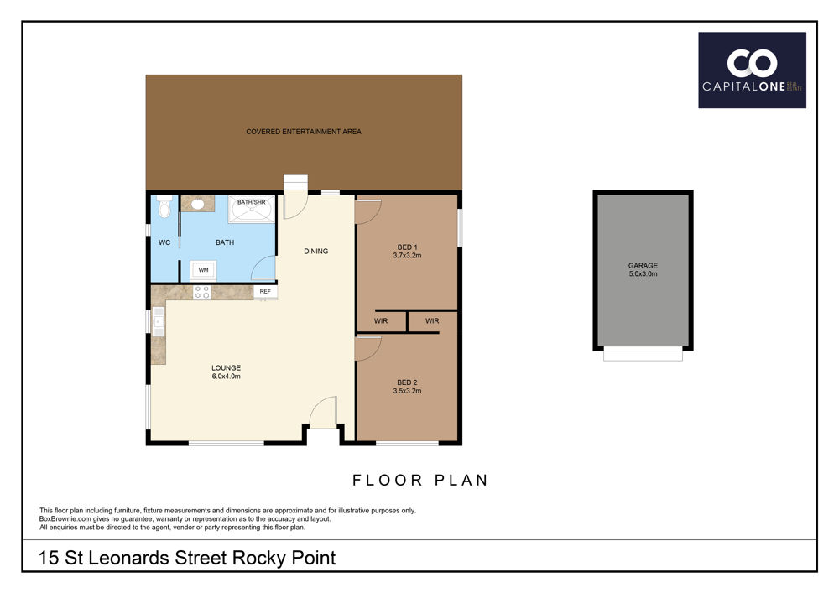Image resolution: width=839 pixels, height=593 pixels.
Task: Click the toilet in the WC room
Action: pyautogui.click(x=164, y=206)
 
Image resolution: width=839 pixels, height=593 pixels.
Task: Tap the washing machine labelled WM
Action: pyautogui.click(x=204, y=270)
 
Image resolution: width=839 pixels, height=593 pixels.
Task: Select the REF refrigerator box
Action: pyautogui.click(x=265, y=291)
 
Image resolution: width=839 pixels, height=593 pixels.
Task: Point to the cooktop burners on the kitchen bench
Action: pyautogui.click(x=201, y=292)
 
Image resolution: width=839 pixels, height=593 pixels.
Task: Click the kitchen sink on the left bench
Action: pyautogui.click(x=159, y=321)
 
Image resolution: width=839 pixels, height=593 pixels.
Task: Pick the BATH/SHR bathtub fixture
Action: pyautogui.click(x=252, y=209)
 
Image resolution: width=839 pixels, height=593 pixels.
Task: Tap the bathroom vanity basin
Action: pyautogui.click(x=198, y=204)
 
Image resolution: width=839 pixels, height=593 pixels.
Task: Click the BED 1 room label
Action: pyautogui.click(x=407, y=247)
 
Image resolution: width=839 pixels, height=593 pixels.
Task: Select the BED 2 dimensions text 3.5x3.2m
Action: pyautogui.click(x=407, y=391)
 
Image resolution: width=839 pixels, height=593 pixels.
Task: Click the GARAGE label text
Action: pyautogui.click(x=644, y=265)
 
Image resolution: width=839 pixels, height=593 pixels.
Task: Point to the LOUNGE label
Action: pyautogui.click(x=227, y=368)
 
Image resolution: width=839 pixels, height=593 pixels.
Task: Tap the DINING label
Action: pyautogui.click(x=316, y=252)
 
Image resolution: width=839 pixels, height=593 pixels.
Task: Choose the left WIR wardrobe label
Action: pyautogui.click(x=381, y=321)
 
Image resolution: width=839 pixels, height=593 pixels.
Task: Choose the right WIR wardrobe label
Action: pyautogui.click(x=432, y=321)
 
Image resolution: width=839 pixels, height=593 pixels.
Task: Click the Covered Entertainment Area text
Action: pyautogui.click(x=304, y=132)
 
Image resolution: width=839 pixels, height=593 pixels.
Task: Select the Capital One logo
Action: pyautogui.click(x=752, y=70)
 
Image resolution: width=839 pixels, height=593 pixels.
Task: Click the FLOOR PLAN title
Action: pyautogui.click(x=420, y=480)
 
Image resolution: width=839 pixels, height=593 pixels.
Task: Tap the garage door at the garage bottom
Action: pyautogui.click(x=644, y=353)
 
